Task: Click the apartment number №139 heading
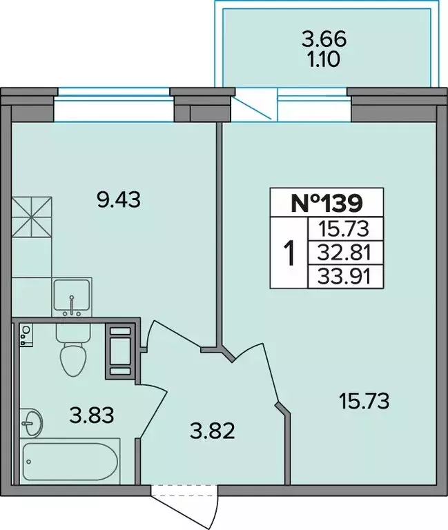327,203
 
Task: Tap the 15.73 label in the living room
364,400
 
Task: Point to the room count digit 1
290,253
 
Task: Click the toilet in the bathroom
72,351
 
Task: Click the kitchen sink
72,295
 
